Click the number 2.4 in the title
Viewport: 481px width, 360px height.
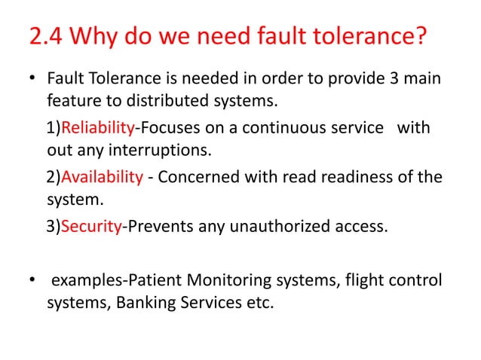[x=45, y=37]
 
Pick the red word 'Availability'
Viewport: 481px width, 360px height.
[x=102, y=177]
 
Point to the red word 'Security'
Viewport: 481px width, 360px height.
[x=90, y=227]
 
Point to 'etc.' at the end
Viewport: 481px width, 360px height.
[x=255, y=307]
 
